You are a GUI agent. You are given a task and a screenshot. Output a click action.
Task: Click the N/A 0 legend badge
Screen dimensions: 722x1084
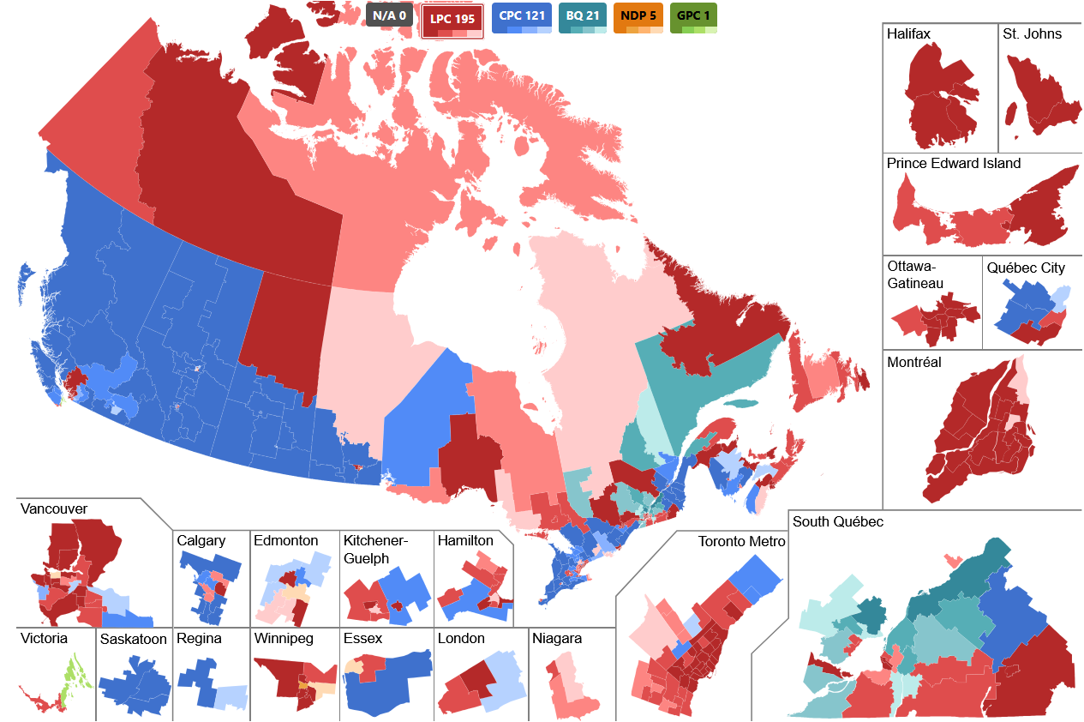click(391, 15)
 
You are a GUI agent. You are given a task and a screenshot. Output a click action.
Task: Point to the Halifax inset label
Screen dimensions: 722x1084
click(909, 34)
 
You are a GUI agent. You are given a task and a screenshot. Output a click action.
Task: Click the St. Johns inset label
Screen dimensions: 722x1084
click(1032, 34)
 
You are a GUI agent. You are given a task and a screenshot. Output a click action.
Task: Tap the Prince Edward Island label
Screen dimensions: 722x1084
click(954, 164)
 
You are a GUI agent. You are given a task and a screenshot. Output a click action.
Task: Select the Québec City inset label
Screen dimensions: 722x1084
click(1026, 268)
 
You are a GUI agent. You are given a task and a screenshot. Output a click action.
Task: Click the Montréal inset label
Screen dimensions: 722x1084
click(914, 363)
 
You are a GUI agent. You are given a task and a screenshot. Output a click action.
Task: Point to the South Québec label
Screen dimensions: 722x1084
click(838, 522)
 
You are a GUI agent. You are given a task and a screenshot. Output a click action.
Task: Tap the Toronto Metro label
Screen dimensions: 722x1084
click(741, 542)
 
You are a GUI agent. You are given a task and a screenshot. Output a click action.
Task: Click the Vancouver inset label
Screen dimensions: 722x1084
click(54, 509)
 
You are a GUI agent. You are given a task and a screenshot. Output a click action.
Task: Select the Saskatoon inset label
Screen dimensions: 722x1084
click(133, 640)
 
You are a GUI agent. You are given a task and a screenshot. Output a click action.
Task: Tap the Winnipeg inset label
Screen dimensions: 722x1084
click(284, 639)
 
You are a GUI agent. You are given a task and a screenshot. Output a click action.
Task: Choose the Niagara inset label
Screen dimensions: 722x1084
click(556, 639)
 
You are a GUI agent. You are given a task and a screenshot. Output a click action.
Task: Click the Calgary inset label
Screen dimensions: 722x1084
click(201, 541)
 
